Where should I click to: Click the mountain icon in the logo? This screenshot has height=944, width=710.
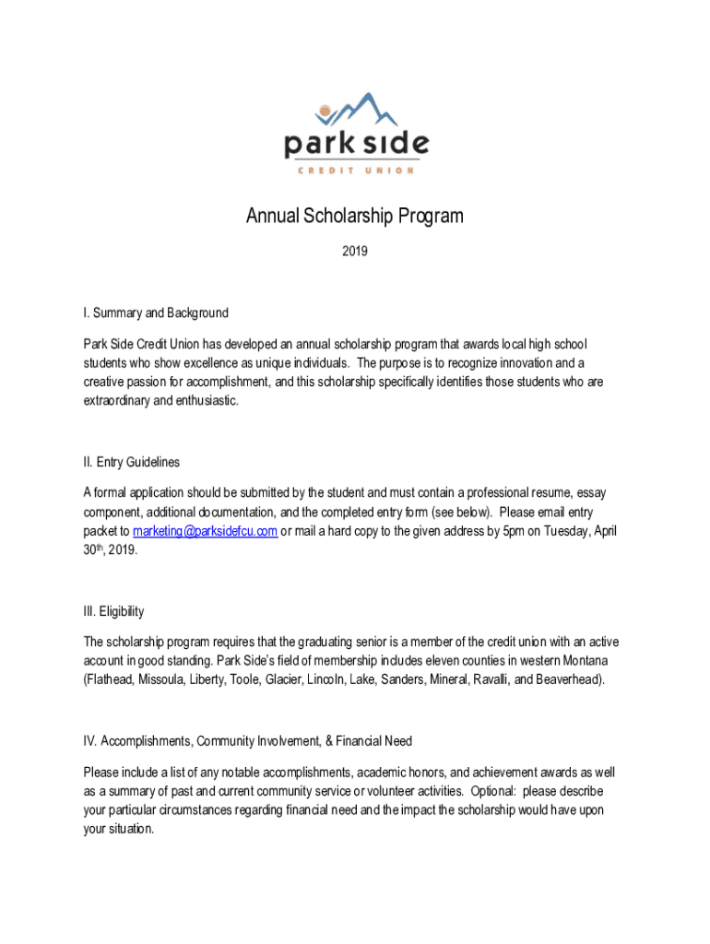[360, 112]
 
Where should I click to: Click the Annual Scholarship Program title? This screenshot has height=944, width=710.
[355, 217]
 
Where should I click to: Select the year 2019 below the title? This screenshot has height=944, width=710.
[355, 250]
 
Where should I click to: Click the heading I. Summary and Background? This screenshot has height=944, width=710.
[156, 313]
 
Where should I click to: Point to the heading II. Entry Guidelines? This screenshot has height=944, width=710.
[131, 462]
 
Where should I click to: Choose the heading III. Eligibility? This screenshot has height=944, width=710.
[113, 611]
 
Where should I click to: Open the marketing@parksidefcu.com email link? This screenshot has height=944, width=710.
[206, 531]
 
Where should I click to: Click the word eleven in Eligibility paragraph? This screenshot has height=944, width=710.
[440, 660]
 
